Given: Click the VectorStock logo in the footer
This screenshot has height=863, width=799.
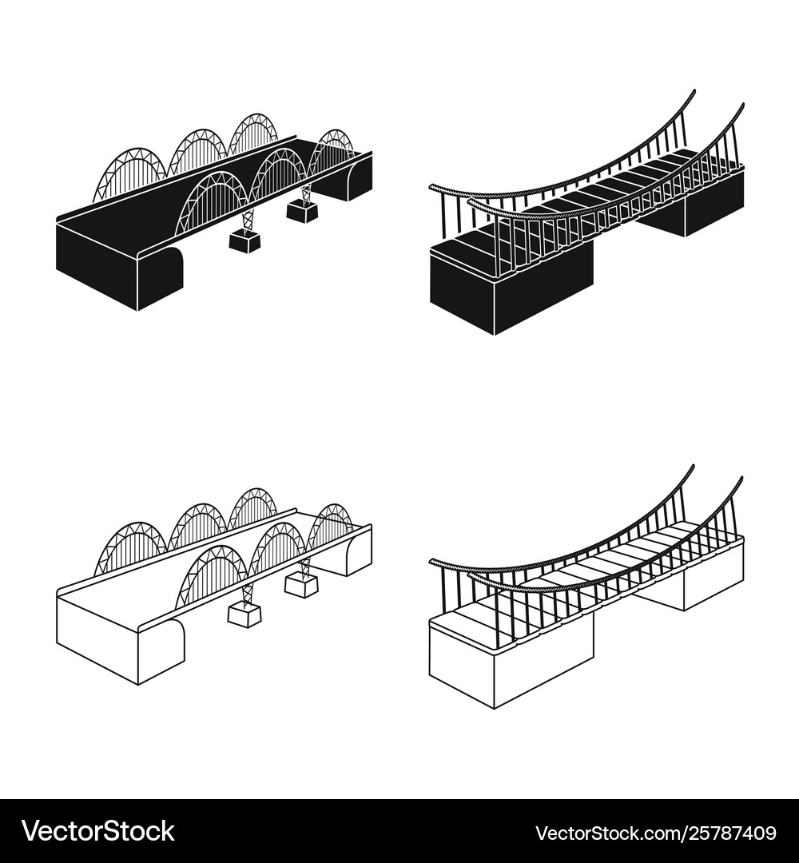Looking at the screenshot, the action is (x=98, y=832).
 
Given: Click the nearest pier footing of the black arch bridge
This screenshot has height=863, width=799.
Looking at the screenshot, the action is (x=244, y=241).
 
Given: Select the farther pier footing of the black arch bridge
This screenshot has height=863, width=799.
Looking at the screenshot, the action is (x=301, y=211).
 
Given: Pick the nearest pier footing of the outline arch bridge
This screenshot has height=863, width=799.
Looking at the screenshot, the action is (x=244, y=616).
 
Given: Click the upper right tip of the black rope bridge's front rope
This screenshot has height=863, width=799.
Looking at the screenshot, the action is (x=742, y=104).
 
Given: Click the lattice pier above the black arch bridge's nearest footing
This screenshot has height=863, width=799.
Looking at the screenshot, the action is (x=248, y=221).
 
